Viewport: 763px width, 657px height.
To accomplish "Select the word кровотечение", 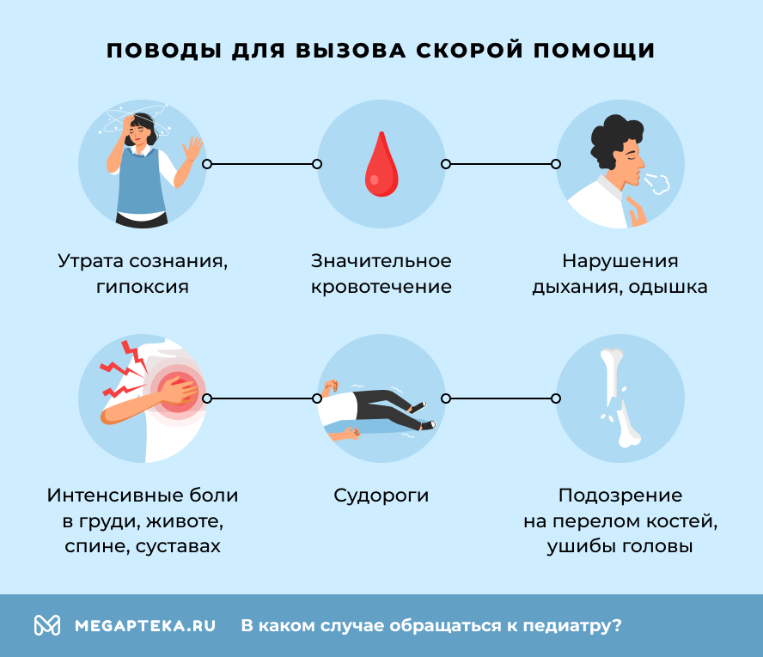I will (381, 287).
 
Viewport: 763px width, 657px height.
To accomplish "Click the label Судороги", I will (381, 496).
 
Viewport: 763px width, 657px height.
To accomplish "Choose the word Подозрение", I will (620, 496).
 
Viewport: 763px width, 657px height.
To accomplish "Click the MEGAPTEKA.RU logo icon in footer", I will (46, 625).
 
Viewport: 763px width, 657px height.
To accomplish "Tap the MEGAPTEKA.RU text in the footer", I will (144, 625).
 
